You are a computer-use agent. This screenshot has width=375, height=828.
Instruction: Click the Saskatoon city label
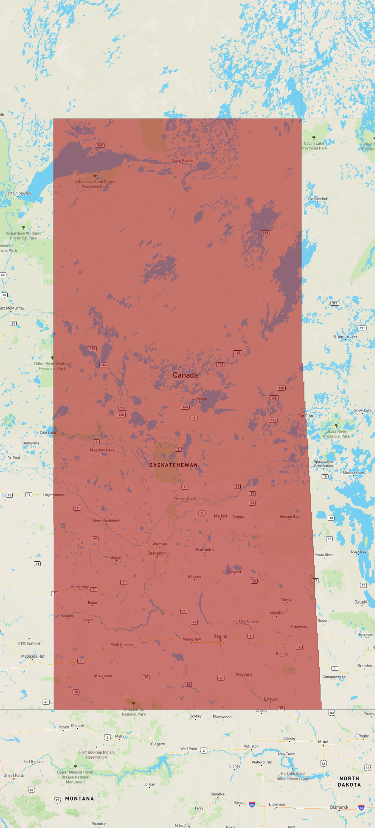157,553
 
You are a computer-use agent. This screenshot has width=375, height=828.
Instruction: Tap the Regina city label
221,636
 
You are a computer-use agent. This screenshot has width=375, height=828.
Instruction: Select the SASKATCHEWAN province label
173,465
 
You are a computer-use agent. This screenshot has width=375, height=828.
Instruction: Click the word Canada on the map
185,375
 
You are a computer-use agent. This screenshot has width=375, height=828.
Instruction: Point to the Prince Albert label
185,499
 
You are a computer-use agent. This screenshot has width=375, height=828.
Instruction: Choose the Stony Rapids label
183,161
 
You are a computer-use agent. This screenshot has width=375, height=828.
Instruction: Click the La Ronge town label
199,399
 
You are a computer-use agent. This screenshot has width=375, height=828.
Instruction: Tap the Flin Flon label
305,416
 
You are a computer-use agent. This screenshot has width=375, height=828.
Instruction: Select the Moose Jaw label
192,639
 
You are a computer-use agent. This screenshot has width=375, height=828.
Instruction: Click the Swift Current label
122,645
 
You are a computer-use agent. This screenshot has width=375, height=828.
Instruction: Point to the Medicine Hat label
33,656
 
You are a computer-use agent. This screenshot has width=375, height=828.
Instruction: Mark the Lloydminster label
53,495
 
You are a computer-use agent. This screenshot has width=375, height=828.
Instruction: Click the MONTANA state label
79,799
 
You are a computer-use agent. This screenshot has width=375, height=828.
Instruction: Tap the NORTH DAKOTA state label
349,782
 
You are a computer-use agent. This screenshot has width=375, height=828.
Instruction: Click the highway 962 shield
100,146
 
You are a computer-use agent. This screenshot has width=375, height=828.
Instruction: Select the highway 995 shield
265,233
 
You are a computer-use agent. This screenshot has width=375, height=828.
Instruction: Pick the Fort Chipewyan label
18,193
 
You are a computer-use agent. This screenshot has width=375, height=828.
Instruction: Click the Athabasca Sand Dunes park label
95,184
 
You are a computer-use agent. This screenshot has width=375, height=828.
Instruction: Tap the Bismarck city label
339,807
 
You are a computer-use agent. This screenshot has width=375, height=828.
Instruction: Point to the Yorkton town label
287,600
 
